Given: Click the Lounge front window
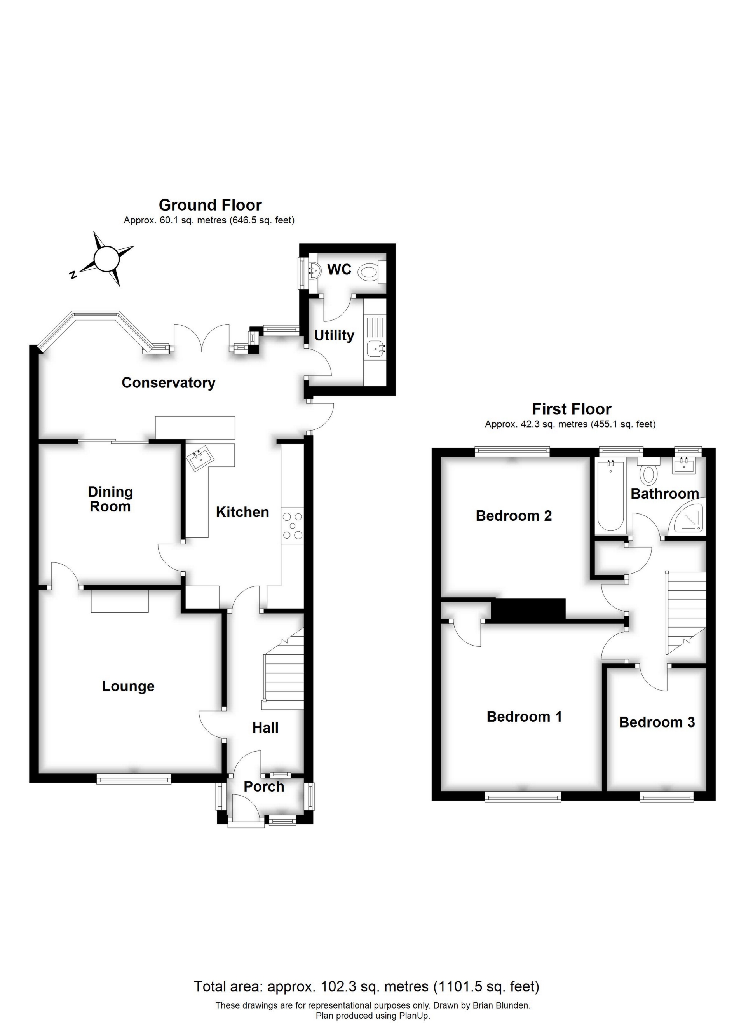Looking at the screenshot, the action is coord(134,778).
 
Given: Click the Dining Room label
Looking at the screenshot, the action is coord(110,499).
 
